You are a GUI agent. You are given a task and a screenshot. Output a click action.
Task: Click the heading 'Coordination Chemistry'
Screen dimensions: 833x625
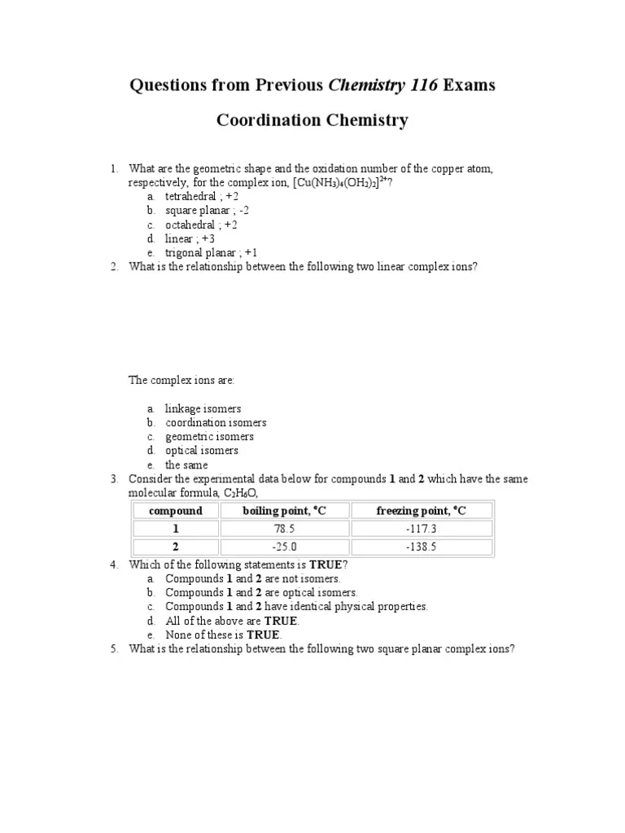click(312, 121)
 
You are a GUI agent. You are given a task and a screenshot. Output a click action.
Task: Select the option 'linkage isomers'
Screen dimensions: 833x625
click(203, 408)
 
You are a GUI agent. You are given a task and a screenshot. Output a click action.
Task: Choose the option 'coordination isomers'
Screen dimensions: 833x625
click(216, 422)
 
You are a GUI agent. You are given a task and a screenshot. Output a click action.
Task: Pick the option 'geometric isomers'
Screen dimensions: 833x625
click(209, 436)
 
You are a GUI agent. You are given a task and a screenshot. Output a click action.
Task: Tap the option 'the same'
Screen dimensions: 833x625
click(186, 464)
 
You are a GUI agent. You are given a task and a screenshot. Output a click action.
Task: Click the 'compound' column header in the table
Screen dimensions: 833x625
click(175, 511)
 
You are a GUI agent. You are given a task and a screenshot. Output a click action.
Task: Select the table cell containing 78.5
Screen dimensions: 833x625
click(284, 529)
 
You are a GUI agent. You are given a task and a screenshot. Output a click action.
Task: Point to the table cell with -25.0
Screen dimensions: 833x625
click(284, 547)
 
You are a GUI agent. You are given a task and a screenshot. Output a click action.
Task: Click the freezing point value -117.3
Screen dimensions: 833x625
click(422, 529)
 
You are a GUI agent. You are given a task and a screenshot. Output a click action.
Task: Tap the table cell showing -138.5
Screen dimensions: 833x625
click(422, 547)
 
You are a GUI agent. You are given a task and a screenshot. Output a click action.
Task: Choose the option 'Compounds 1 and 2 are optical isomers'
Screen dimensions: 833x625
click(261, 592)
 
